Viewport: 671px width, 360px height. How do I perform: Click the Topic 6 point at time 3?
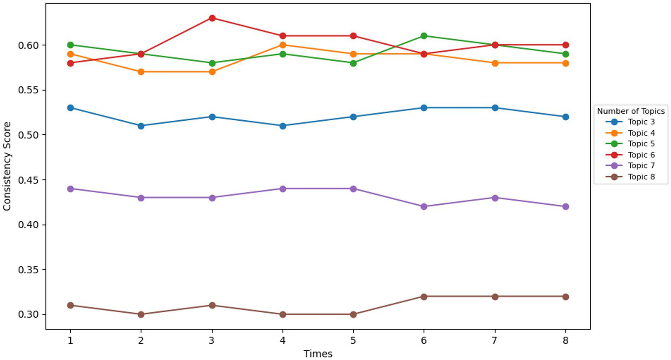(x=212, y=18)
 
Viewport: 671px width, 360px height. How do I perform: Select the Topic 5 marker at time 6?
(x=424, y=36)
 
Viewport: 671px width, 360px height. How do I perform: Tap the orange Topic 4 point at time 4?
(x=283, y=45)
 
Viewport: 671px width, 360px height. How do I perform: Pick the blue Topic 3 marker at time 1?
(x=70, y=108)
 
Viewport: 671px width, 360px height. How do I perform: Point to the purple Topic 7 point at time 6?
(x=424, y=206)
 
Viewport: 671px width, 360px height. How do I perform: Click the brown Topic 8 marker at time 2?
(x=141, y=314)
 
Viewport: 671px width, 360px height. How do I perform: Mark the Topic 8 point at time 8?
(x=565, y=297)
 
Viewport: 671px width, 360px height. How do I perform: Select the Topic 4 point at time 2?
(x=141, y=72)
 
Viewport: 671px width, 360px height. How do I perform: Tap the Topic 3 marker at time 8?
(x=565, y=117)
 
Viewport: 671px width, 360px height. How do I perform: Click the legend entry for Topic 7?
(x=641, y=166)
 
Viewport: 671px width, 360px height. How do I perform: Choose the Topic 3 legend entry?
(x=641, y=122)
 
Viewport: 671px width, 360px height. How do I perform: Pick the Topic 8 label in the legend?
(x=641, y=177)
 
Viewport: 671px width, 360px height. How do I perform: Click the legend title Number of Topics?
(x=630, y=111)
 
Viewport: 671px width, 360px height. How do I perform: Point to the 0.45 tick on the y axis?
(x=29, y=180)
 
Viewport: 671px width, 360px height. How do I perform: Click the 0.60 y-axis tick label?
(x=29, y=45)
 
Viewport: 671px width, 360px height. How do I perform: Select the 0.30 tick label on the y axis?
(x=29, y=315)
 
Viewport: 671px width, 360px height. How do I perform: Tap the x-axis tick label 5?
(x=353, y=340)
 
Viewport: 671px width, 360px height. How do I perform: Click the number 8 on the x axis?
(x=565, y=340)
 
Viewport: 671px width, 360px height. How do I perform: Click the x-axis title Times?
(x=318, y=353)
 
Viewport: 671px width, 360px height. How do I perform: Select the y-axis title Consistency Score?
(x=7, y=166)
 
